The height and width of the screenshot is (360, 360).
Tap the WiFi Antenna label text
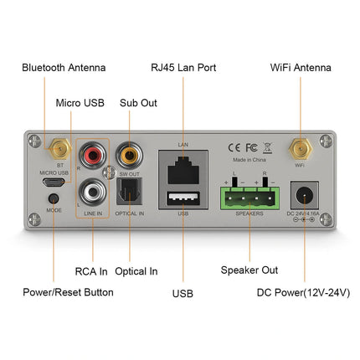click(x=301, y=67)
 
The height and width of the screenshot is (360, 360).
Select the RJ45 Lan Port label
click(x=183, y=67)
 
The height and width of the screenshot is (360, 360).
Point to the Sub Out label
click(x=138, y=103)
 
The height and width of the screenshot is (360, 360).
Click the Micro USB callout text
click(x=80, y=103)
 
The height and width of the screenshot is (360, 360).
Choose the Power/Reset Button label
click(x=68, y=292)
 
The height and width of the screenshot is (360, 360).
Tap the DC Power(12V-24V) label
click(x=303, y=292)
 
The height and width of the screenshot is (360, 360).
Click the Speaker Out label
click(x=249, y=270)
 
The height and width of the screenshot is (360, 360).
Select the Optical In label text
click(x=135, y=270)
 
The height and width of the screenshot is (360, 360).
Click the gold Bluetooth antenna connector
click(x=59, y=150)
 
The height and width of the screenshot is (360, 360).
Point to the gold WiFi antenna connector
click(x=299, y=150)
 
